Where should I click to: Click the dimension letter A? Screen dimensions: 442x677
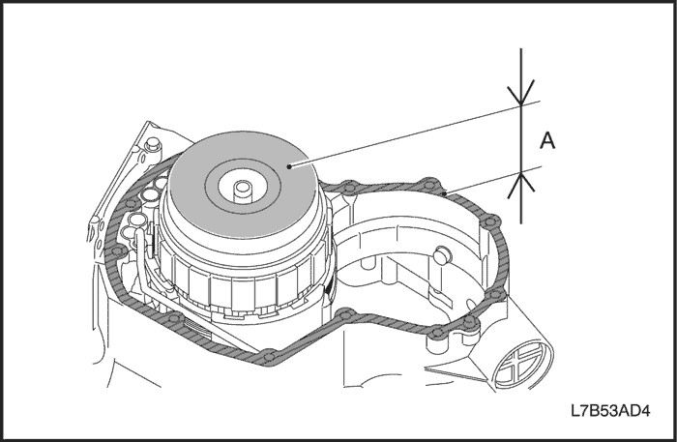(546, 141)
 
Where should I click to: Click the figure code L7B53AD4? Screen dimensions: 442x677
(608, 411)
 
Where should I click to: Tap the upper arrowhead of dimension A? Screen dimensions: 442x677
(521, 96)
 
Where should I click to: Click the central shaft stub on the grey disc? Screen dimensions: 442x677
(242, 184)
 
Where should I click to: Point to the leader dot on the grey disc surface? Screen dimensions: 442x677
(288, 166)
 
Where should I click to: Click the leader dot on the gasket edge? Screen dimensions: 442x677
(443, 194)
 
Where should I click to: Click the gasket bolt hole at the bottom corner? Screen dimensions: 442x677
(267, 357)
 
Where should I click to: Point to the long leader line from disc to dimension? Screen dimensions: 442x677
(406, 134)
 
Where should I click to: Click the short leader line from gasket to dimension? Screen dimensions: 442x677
(484, 183)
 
